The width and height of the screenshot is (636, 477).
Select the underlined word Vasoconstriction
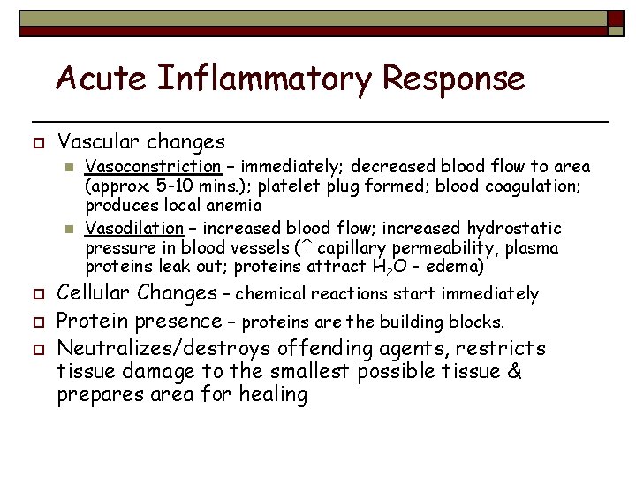(x=153, y=166)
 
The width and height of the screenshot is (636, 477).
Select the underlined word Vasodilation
(x=135, y=228)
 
